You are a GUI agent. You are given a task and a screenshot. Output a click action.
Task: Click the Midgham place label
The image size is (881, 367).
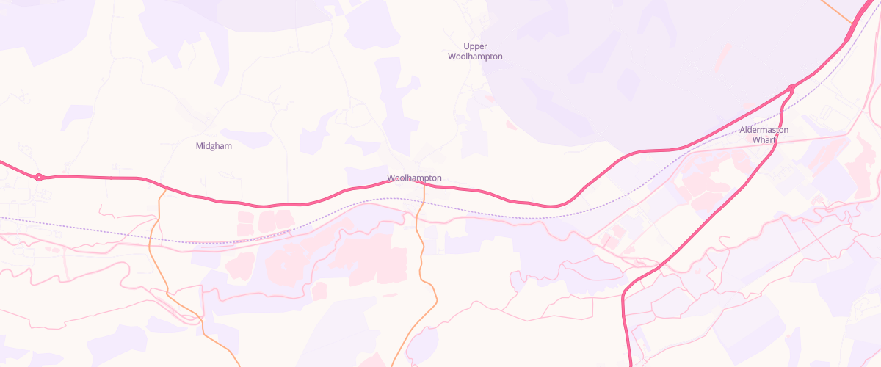pyautogui.click(x=214, y=146)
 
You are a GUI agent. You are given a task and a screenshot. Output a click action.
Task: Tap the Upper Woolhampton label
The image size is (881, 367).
pyautogui.click(x=475, y=51)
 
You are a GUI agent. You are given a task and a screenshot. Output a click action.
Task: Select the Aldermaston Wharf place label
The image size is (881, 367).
pyautogui.click(x=764, y=135)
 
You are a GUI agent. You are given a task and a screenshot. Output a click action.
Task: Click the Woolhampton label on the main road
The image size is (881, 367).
pyautogui.click(x=414, y=178)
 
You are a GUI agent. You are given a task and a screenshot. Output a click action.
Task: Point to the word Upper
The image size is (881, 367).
pyautogui.click(x=475, y=46)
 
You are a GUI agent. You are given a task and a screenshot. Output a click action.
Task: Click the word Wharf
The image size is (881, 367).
pyautogui.click(x=764, y=140)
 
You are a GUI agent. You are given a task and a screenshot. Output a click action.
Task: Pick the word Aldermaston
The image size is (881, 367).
pyautogui.click(x=764, y=130)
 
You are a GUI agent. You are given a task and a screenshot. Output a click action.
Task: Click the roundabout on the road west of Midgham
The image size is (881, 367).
pyautogui.click(x=39, y=177)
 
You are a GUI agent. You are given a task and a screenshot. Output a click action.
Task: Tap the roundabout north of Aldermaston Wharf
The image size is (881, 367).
pyautogui.click(x=791, y=89)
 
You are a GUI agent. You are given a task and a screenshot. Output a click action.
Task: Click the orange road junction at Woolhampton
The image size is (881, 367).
pyautogui.click(x=424, y=183)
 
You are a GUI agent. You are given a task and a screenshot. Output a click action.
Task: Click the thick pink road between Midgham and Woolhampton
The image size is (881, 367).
pyautogui.click(x=294, y=204)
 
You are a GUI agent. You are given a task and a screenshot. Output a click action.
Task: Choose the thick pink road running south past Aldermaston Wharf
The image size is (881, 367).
pyautogui.click(x=705, y=220)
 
